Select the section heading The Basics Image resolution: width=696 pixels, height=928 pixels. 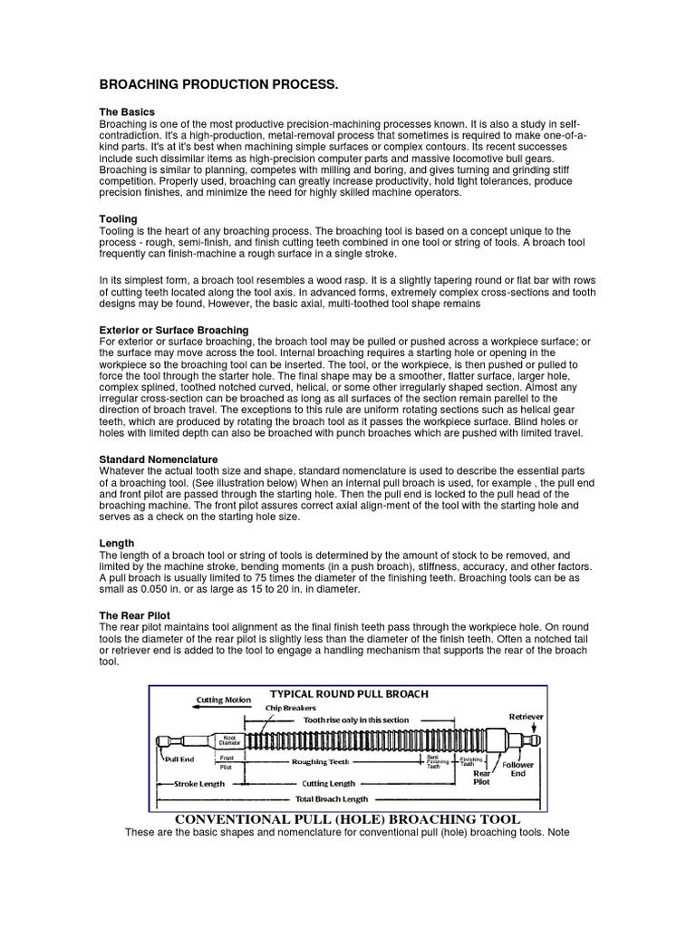pos(128,111)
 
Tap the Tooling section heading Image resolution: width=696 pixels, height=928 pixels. pos(118,218)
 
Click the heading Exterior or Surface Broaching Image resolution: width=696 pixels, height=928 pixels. pos(173,329)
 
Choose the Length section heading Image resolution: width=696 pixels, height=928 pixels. pos(117,543)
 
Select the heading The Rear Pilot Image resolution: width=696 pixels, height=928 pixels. pos(134,614)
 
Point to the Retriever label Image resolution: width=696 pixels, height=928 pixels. pos(526,716)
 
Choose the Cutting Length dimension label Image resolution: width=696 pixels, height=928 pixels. pos(328,783)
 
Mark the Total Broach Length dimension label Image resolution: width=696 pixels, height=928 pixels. pos(333,799)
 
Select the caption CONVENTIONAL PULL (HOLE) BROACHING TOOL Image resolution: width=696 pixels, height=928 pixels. pos(347,819)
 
